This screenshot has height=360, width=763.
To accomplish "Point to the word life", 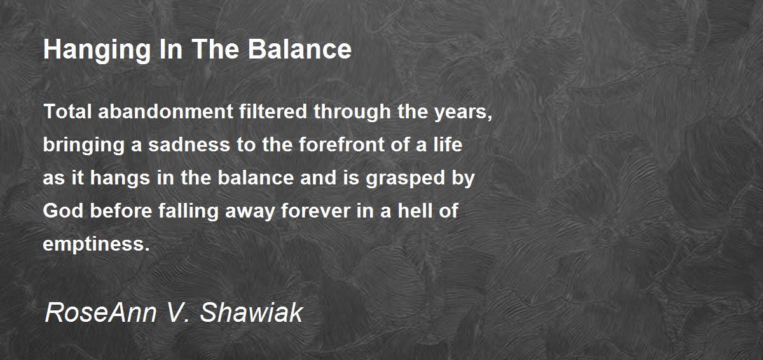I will [447, 145].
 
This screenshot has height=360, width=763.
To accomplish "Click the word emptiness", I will [95, 245].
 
